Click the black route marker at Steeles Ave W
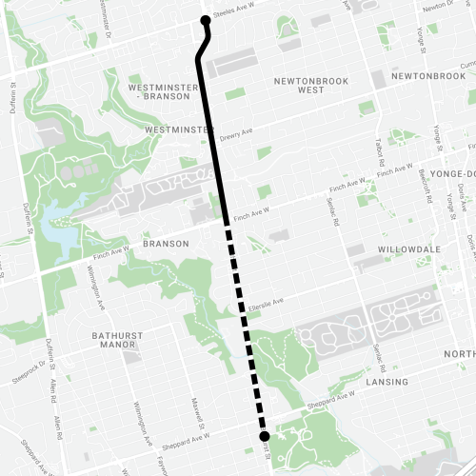[206, 20]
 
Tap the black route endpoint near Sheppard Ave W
[264, 436]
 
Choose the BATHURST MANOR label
[123, 341]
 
